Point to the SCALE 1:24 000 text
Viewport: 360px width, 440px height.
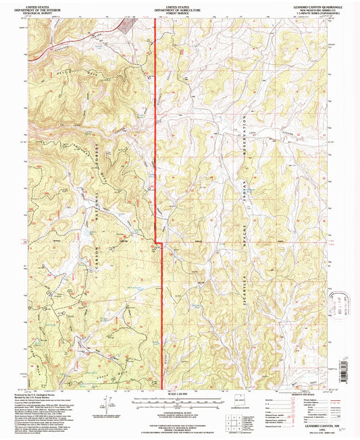pyautogui.click(x=180, y=395)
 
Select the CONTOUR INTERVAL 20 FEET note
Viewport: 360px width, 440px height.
pyautogui.click(x=180, y=409)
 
